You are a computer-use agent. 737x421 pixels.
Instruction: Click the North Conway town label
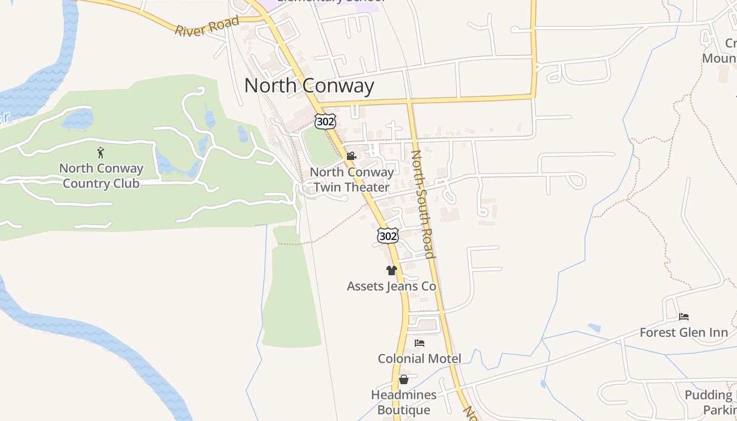pyautogui.click(x=309, y=85)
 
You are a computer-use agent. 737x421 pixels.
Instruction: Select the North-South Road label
pyautogui.click(x=423, y=204)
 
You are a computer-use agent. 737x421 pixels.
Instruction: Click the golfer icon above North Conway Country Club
pyautogui.click(x=101, y=153)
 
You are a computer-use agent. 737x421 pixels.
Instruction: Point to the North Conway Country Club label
pyautogui.click(x=101, y=176)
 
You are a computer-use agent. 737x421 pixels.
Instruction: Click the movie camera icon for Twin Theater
pyautogui.click(x=351, y=156)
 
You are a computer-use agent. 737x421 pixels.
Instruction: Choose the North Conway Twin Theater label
pyautogui.click(x=352, y=179)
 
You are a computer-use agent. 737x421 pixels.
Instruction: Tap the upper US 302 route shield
pyautogui.click(x=325, y=122)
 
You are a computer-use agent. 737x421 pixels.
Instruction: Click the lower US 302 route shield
pyautogui.click(x=388, y=236)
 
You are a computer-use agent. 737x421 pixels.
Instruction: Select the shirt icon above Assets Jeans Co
pyautogui.click(x=391, y=270)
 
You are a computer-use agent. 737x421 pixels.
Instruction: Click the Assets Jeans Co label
pyautogui.click(x=391, y=286)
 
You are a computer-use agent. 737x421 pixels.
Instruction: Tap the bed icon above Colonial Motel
pyautogui.click(x=420, y=343)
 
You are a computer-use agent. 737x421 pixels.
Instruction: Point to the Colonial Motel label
pyautogui.click(x=420, y=359)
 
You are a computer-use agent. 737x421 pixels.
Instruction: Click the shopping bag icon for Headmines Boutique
pyautogui.click(x=404, y=379)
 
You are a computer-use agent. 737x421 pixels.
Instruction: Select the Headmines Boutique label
pyautogui.click(x=404, y=402)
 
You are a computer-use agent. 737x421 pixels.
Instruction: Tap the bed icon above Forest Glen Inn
pyautogui.click(x=684, y=317)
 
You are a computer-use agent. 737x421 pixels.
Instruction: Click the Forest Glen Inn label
pyautogui.click(x=684, y=333)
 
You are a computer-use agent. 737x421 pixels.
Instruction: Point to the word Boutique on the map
pyautogui.click(x=404, y=410)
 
